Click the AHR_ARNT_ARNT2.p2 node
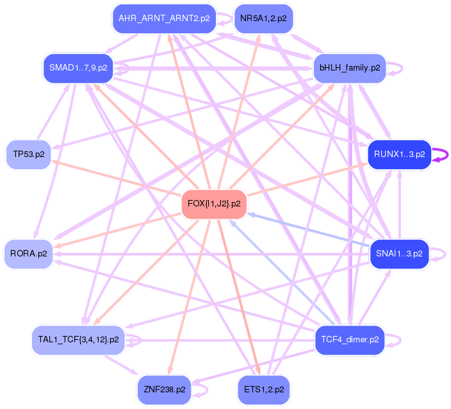[x=164, y=19]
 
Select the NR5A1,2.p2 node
[x=263, y=19]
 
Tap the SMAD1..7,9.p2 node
[x=78, y=67]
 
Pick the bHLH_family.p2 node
[x=349, y=67]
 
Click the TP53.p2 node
[x=29, y=154]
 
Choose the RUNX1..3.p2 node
[x=398, y=154]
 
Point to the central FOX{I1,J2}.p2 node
[x=214, y=204]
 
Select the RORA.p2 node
[x=29, y=254]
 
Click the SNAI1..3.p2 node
[x=398, y=254]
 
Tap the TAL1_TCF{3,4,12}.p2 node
[x=78, y=339]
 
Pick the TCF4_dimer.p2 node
[x=349, y=339]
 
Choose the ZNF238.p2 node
[x=164, y=389]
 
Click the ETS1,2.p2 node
[x=263, y=389]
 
